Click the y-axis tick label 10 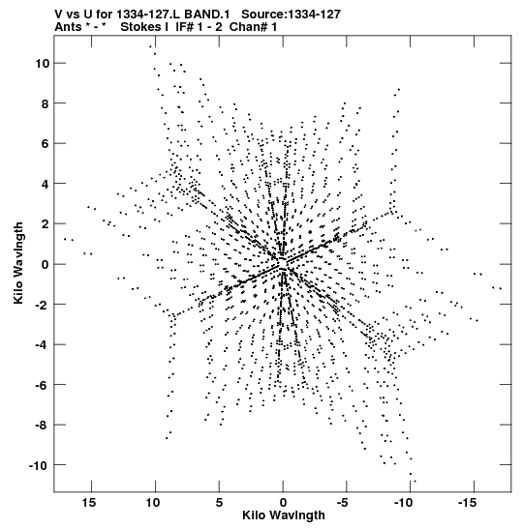click(x=43, y=64)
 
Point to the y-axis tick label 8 click(x=46, y=103)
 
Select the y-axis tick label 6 click(x=46, y=144)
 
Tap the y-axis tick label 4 click(x=46, y=184)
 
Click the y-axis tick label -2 click(x=43, y=305)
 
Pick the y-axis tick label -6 click(x=43, y=385)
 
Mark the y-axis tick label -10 click(x=40, y=465)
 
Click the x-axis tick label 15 click(x=89, y=503)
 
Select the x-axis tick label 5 click(x=219, y=503)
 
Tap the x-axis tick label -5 click(x=342, y=503)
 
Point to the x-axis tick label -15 click(x=467, y=503)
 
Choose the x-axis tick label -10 click(x=404, y=503)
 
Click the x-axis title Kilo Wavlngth click(x=284, y=515)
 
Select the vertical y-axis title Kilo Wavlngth click(x=18, y=263)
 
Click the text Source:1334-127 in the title click(x=291, y=15)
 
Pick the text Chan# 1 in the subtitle click(x=253, y=27)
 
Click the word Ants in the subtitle click(x=68, y=27)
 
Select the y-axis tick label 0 click(x=46, y=264)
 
